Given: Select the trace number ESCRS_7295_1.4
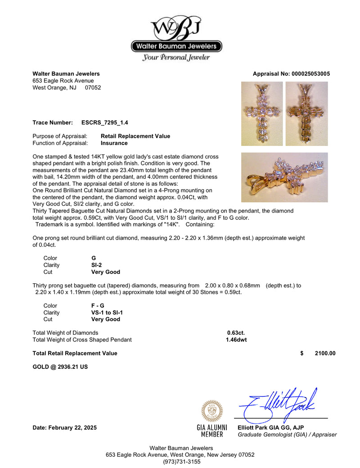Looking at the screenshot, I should [104, 123].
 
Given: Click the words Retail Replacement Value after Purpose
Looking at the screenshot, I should [135, 136].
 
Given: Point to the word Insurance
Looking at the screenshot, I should [115, 143].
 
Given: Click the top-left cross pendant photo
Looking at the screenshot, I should [262, 114].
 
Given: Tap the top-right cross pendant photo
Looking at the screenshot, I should [306, 114].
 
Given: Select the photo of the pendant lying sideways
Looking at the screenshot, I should [284, 177].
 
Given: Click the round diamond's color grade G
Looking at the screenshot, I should [94, 258].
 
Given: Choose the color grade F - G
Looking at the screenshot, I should [98, 305].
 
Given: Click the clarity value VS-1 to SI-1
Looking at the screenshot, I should [107, 313].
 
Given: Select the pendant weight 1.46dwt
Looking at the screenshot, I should [236, 340].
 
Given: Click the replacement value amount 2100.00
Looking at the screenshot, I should [325, 354].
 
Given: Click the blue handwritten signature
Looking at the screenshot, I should [279, 402].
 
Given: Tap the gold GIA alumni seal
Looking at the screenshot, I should [211, 411].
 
